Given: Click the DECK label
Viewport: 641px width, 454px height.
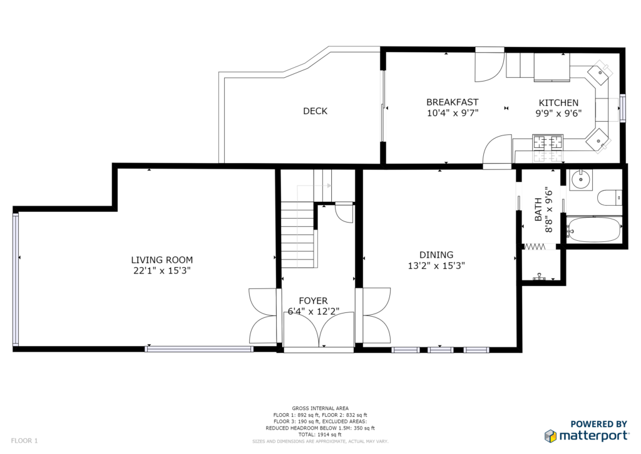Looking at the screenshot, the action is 315,111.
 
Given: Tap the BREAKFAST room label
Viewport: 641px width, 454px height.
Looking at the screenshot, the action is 452,102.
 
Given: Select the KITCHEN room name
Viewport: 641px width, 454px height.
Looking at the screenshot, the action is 558,103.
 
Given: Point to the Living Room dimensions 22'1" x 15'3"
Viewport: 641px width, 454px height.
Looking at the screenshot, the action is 162,271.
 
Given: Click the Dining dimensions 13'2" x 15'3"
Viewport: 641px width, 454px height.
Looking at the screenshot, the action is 436,266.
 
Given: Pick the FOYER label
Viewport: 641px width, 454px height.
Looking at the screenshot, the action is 313,301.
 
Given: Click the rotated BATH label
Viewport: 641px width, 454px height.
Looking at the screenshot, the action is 538,209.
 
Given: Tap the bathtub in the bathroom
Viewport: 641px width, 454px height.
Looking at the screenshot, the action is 593,230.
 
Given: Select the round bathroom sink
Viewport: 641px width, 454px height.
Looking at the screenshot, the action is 580,179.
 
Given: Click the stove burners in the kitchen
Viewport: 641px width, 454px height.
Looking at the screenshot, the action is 547,142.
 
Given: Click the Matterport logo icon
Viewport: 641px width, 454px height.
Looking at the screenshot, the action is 551,436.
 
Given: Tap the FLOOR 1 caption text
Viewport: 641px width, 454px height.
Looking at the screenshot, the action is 24,441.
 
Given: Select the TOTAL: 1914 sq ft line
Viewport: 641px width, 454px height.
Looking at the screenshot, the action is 320,435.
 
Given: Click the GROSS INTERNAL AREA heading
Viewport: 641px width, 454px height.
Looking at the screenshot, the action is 320,408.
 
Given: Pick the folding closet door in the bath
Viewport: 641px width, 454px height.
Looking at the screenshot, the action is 535,246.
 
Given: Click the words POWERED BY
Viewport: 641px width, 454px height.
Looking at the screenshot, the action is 598,424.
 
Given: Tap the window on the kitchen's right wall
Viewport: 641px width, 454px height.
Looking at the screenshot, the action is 623,108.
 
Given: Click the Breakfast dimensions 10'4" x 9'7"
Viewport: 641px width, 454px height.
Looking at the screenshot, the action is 453,113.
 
